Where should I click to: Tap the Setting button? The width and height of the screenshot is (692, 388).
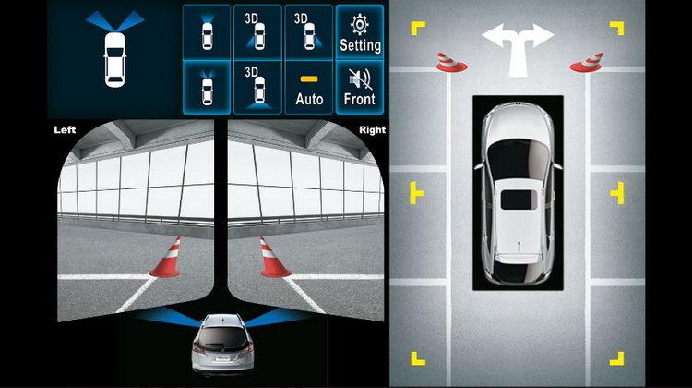(x=360, y=31)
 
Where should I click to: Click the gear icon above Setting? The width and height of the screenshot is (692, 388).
(x=360, y=24)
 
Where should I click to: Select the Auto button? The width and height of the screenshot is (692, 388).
(x=309, y=88)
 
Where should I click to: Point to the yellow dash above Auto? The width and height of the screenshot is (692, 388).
(x=309, y=79)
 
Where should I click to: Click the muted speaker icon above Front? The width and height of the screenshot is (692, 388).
(x=360, y=79)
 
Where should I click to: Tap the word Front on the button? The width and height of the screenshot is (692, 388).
(x=360, y=99)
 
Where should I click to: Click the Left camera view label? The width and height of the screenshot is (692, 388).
(x=65, y=130)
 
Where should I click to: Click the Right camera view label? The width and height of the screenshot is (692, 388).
(x=372, y=130)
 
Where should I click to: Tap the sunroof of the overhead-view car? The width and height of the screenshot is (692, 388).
(x=519, y=200)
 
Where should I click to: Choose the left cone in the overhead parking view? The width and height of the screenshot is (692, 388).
(x=451, y=62)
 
